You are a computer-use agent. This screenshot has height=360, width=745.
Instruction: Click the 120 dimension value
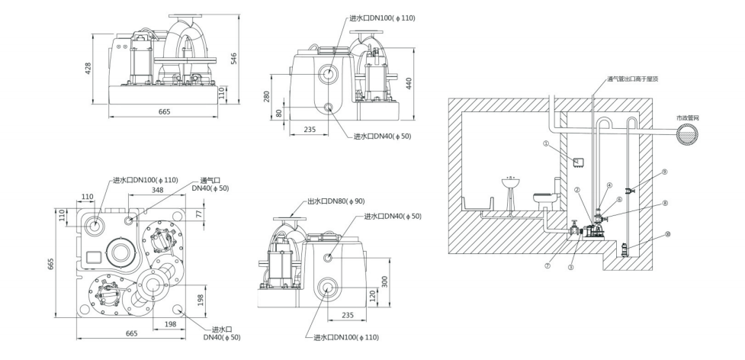tap(372, 294)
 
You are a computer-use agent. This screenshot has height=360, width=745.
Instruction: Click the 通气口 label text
tap(201, 179)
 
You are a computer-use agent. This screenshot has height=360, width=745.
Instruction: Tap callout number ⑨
tap(665, 172)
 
